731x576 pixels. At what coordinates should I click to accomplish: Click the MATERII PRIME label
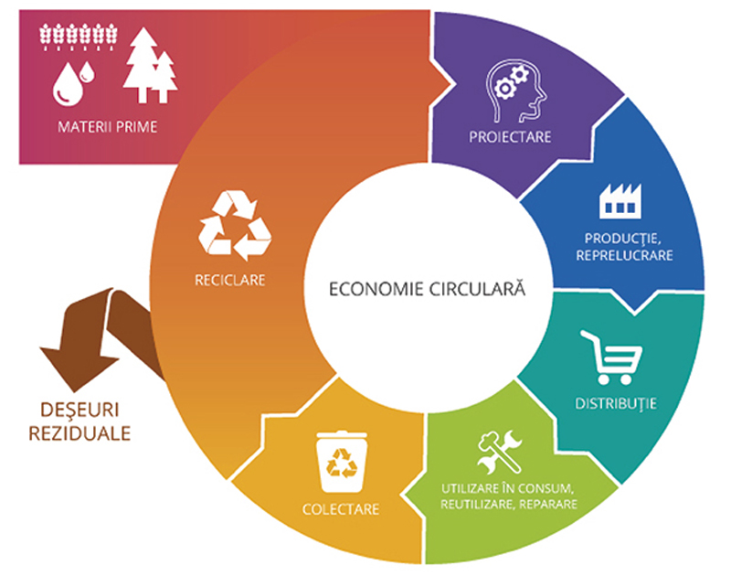pyautogui.click(x=107, y=127)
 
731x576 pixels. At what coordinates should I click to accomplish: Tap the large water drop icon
pyautogui.click(x=68, y=84)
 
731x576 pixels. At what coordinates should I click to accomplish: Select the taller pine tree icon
pyautogui.click(x=142, y=65)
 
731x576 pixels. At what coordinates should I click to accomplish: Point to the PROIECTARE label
pyautogui.click(x=510, y=137)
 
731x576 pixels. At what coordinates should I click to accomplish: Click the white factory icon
pyautogui.click(x=620, y=201)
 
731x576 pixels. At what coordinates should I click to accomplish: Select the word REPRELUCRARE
pyautogui.click(x=624, y=256)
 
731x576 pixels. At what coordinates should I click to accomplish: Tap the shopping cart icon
pyautogui.click(x=610, y=357)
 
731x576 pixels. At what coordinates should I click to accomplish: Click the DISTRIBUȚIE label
pyautogui.click(x=615, y=404)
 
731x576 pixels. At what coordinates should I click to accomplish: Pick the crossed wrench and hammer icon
pyautogui.click(x=499, y=451)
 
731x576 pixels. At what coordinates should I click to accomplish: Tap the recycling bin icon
pyautogui.click(x=342, y=462)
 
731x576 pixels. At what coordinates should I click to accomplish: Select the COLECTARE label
pyautogui.click(x=341, y=509)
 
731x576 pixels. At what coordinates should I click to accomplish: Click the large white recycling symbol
pyautogui.click(x=235, y=225)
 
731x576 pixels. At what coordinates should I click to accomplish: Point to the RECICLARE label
pyautogui.click(x=230, y=281)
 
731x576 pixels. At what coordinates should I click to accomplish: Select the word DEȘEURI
pyautogui.click(x=79, y=411)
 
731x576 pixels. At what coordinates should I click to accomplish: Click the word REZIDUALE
pyautogui.click(x=79, y=433)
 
